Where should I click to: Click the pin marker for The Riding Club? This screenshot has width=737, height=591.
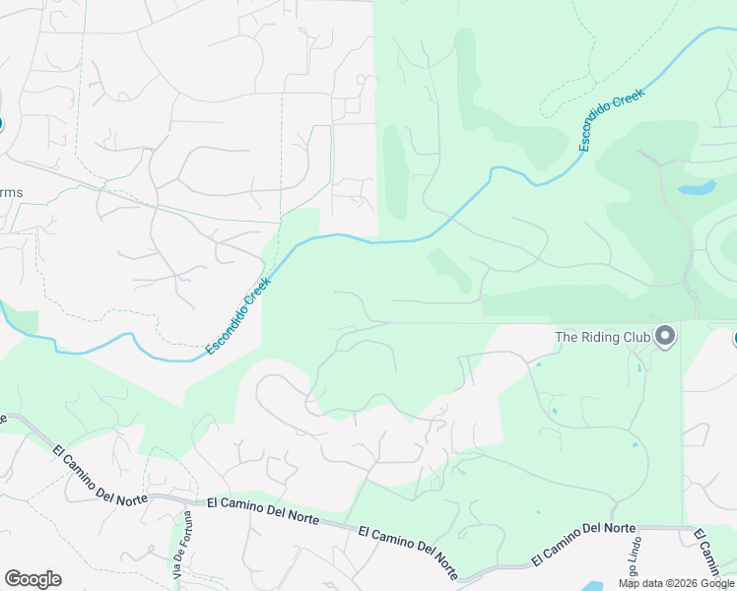click(665, 337)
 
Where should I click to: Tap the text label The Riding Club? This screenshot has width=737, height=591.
click(603, 337)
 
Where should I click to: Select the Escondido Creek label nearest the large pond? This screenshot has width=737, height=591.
click(610, 119)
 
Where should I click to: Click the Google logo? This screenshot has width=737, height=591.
click(33, 579)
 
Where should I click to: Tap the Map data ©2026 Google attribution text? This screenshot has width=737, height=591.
click(677, 583)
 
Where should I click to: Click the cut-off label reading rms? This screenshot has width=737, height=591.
click(11, 192)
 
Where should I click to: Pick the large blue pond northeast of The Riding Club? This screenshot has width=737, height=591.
click(697, 187)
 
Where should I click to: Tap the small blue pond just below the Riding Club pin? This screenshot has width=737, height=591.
click(638, 368)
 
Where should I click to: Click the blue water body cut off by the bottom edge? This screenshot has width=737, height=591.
click(591, 586)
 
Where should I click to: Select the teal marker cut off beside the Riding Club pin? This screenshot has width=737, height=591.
click(734, 338)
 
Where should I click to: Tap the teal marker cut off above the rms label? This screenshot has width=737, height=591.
click(2, 124)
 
